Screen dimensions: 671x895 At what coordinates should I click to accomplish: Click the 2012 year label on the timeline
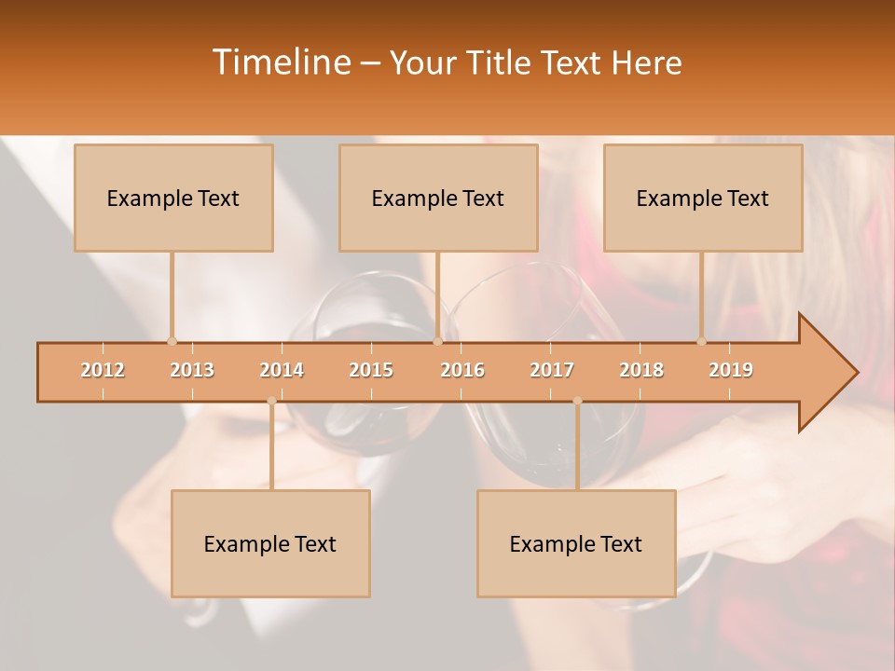click(x=103, y=370)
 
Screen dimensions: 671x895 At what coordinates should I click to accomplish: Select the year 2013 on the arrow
click(x=192, y=370)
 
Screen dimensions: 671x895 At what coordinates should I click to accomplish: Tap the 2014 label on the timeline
click(x=282, y=370)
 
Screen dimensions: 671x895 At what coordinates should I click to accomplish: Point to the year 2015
click(x=371, y=370)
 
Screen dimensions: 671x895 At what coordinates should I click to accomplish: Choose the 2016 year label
click(x=462, y=370)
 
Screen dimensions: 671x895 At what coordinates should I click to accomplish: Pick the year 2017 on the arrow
click(x=552, y=370)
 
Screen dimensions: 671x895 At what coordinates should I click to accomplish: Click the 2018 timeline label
click(x=641, y=370)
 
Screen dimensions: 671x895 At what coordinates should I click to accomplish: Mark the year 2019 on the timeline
click(x=731, y=370)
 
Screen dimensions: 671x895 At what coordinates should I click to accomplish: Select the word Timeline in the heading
click(x=280, y=62)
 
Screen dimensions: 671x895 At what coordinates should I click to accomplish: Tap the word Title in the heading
click(x=499, y=63)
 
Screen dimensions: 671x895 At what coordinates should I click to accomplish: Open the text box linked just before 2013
click(x=173, y=198)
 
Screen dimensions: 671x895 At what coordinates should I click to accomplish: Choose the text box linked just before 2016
click(x=438, y=198)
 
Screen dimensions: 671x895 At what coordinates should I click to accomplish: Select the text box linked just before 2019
click(x=703, y=198)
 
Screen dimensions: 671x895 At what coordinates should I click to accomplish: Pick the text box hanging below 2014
click(x=270, y=543)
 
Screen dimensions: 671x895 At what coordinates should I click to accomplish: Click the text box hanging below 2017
click(x=576, y=543)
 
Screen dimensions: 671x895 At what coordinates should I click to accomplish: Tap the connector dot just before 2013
click(x=172, y=341)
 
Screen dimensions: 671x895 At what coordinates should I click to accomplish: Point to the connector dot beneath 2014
click(x=271, y=401)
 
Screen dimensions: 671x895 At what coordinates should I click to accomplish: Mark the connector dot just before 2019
click(x=701, y=341)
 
